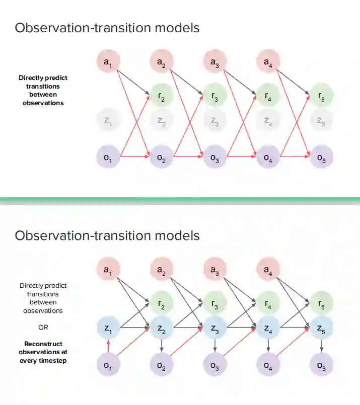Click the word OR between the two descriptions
(43, 327)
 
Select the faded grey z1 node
(107, 120)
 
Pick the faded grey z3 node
(215, 120)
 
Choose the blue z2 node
(161, 329)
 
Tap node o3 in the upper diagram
(215, 157)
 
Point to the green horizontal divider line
(180, 201)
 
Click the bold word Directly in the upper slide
(31, 78)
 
